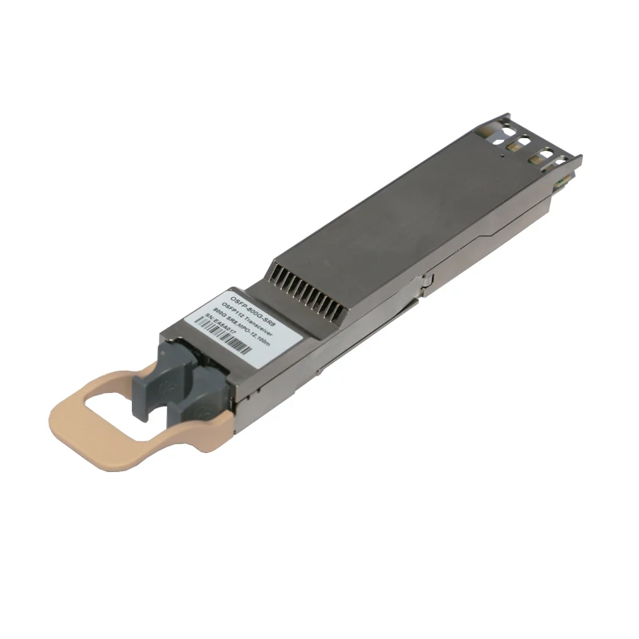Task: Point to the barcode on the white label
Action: point(248,342)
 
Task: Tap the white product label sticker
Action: point(244,319)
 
